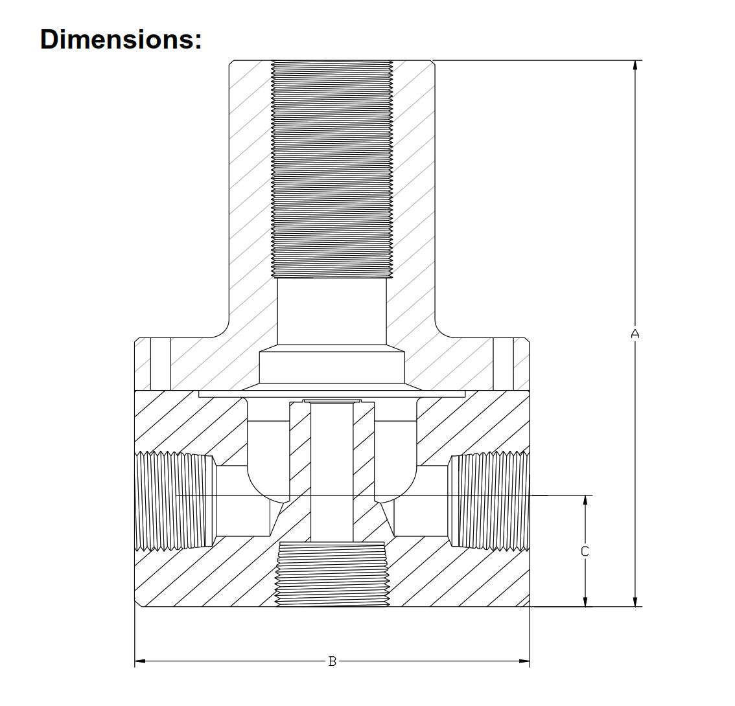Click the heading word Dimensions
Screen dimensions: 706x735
tap(121, 39)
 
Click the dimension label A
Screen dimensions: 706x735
tap(635, 334)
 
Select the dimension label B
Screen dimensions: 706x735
tap(332, 661)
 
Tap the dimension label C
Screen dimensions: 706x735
tap(585, 551)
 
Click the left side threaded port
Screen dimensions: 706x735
tap(174, 501)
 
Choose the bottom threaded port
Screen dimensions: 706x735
tap(332, 574)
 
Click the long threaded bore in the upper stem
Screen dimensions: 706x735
tap(332, 168)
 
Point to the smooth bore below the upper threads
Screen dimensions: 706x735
tap(332, 311)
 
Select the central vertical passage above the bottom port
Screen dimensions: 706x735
tap(332, 473)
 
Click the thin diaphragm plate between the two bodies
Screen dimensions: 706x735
tap(332, 394)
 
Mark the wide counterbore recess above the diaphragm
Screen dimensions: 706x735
tap(332, 367)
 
